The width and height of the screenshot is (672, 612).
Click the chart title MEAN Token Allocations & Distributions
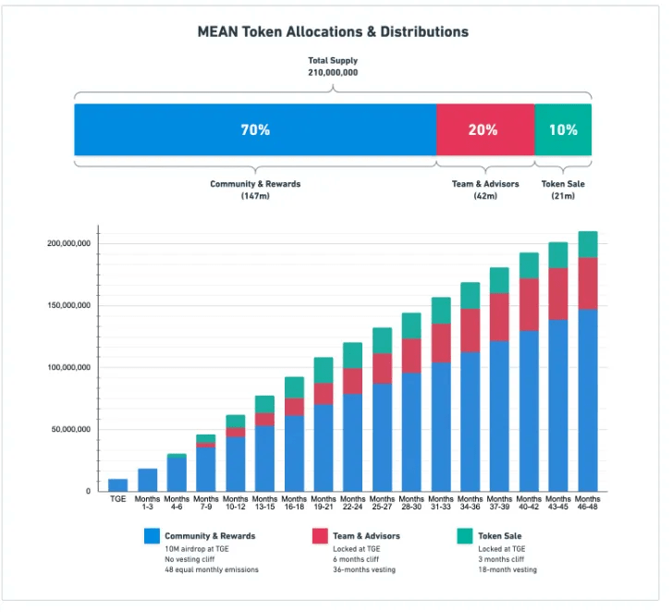(x=333, y=31)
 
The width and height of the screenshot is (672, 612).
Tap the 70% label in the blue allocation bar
(x=255, y=130)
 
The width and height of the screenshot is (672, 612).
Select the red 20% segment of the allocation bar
(x=483, y=130)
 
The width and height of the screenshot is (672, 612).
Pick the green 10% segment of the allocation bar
(x=563, y=130)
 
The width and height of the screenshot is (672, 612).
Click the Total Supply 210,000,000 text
(x=333, y=66)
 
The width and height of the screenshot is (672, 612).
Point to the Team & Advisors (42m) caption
(x=485, y=190)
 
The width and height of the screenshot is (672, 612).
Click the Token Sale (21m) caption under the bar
(x=563, y=190)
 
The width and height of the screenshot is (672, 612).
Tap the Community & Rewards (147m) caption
(x=255, y=190)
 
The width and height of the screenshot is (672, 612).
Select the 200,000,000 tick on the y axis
(x=67, y=243)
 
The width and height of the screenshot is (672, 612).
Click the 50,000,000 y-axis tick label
(x=69, y=429)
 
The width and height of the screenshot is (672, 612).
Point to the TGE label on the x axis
(x=117, y=499)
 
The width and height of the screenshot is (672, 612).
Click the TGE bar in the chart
(x=117, y=484)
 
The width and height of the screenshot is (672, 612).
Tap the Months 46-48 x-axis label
(x=588, y=504)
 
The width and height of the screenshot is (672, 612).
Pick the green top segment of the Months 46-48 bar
(x=588, y=244)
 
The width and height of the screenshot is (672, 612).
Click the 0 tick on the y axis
(x=88, y=491)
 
